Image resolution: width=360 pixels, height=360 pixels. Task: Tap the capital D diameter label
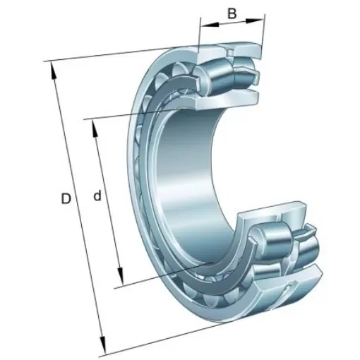point(66,200)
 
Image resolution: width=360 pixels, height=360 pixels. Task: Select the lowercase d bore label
point(98,196)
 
